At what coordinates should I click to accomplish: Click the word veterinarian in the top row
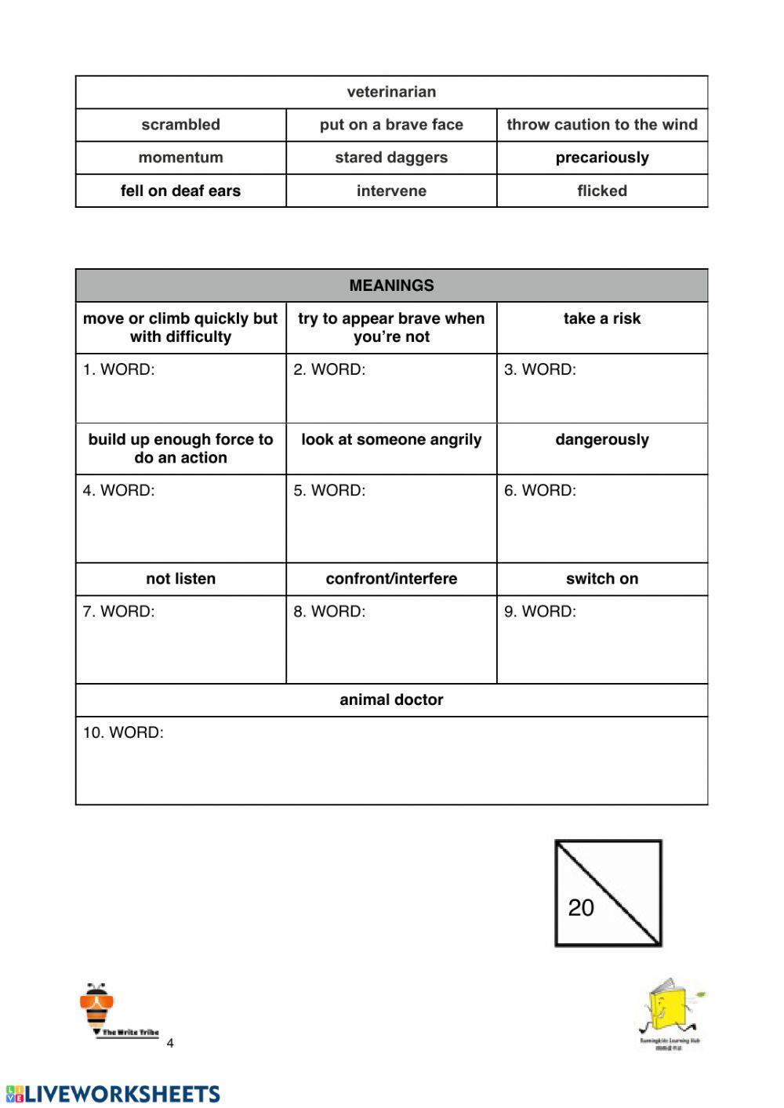click(391, 92)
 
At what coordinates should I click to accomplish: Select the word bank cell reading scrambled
click(180, 125)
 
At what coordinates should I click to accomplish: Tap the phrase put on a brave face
click(391, 125)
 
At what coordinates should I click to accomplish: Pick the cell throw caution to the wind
click(601, 125)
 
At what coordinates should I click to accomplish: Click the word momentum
click(180, 158)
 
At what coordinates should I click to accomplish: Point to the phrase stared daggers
click(391, 158)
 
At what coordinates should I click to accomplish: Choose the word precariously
click(601, 158)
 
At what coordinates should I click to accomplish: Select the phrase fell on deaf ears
click(180, 191)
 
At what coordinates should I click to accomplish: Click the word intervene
click(391, 191)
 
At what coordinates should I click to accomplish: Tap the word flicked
click(601, 191)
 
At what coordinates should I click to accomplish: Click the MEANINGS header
click(391, 285)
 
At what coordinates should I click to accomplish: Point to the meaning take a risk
click(601, 318)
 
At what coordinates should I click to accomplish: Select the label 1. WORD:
click(119, 369)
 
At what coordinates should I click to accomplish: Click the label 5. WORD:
click(329, 490)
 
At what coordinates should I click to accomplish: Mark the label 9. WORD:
click(539, 611)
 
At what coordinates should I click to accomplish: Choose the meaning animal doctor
click(391, 699)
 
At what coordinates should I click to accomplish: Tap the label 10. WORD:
click(123, 732)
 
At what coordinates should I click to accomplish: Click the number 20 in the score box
click(581, 907)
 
